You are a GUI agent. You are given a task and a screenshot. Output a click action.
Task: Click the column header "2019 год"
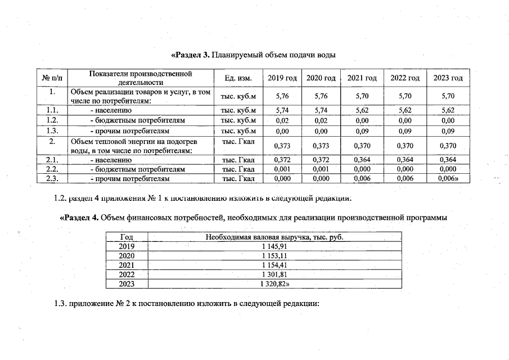[x=281, y=78]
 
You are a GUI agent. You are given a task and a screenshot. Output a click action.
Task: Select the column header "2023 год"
[x=448, y=78]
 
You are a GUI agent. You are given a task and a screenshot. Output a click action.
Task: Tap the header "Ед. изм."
[x=238, y=78]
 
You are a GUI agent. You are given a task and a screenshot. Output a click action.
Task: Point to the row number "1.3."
[x=52, y=130]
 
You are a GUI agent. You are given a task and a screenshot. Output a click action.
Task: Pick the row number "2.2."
[x=52, y=169]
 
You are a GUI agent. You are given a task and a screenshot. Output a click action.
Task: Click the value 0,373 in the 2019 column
[x=281, y=145]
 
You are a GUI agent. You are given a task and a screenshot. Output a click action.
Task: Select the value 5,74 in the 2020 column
[x=321, y=111]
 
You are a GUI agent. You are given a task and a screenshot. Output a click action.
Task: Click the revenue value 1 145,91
[x=274, y=246]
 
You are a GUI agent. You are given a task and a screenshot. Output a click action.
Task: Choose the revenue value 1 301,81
[x=274, y=274]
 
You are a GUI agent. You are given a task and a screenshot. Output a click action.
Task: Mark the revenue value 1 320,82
[x=275, y=284]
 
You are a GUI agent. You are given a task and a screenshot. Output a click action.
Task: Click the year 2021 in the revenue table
[x=127, y=265]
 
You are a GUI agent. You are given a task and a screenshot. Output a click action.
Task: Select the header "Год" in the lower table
[x=127, y=237]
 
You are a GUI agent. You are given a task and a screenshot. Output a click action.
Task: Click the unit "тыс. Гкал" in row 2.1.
[x=238, y=160]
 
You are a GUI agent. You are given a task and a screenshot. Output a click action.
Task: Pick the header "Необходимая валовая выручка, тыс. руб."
[x=274, y=237]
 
